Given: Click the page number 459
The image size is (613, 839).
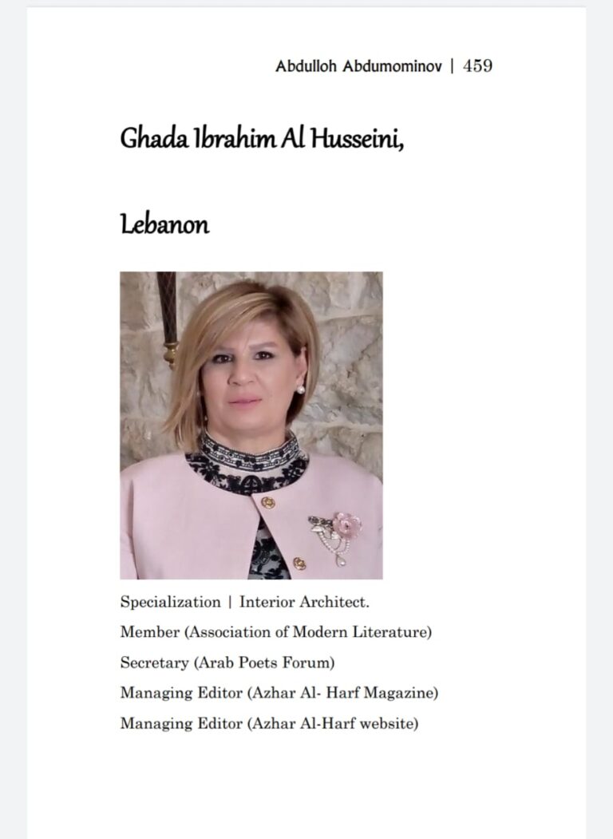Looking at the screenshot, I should [477, 67].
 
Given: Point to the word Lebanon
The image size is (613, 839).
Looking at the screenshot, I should [164, 225].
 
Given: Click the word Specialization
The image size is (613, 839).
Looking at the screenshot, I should [170, 601].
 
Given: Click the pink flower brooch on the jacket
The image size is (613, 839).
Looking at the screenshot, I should [347, 524].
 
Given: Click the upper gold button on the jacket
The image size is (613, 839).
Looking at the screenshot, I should [268, 503].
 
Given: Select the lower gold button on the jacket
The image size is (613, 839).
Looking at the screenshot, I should [299, 564].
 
